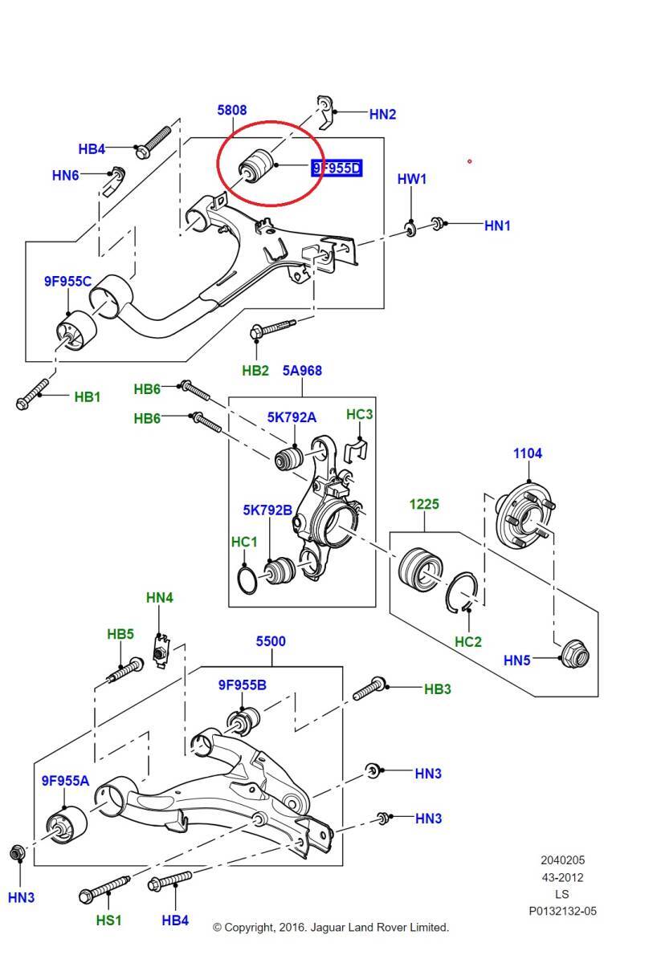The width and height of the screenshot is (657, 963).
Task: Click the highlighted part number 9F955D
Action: click(x=337, y=168)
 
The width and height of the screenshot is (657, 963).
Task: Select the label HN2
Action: click(x=382, y=114)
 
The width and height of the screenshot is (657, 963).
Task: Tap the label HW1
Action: click(x=412, y=179)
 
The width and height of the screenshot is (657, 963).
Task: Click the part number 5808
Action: click(x=231, y=110)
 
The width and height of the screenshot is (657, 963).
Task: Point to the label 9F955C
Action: click(x=67, y=281)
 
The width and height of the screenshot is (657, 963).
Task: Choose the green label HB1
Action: click(x=88, y=396)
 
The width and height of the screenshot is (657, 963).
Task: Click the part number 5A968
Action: click(x=302, y=371)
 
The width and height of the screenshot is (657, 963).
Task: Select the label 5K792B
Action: click(x=268, y=510)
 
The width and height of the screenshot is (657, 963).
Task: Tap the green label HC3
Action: click(x=359, y=414)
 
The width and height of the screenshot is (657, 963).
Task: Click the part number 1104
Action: click(x=528, y=453)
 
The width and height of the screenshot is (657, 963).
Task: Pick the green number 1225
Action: click(x=424, y=504)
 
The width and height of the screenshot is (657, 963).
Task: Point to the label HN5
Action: click(x=517, y=660)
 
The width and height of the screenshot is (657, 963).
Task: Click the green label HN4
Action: click(x=160, y=598)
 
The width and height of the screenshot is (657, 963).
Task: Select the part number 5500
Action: click(x=271, y=641)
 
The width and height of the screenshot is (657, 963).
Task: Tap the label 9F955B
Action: click(x=242, y=685)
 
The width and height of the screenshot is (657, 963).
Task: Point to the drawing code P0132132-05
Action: click(x=562, y=911)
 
